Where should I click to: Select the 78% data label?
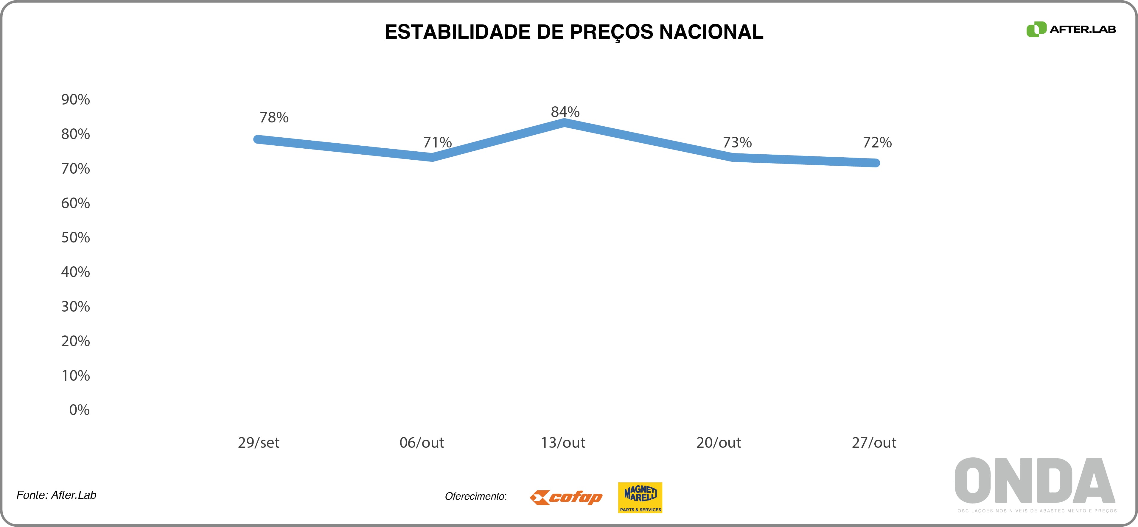[x=274, y=117]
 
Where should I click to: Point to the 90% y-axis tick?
[x=76, y=100]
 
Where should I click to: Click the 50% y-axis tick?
[x=76, y=238]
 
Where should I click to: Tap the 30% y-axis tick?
[x=76, y=307]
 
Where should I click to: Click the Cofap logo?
[x=566, y=498]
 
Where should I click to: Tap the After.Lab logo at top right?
[x=1071, y=29]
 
